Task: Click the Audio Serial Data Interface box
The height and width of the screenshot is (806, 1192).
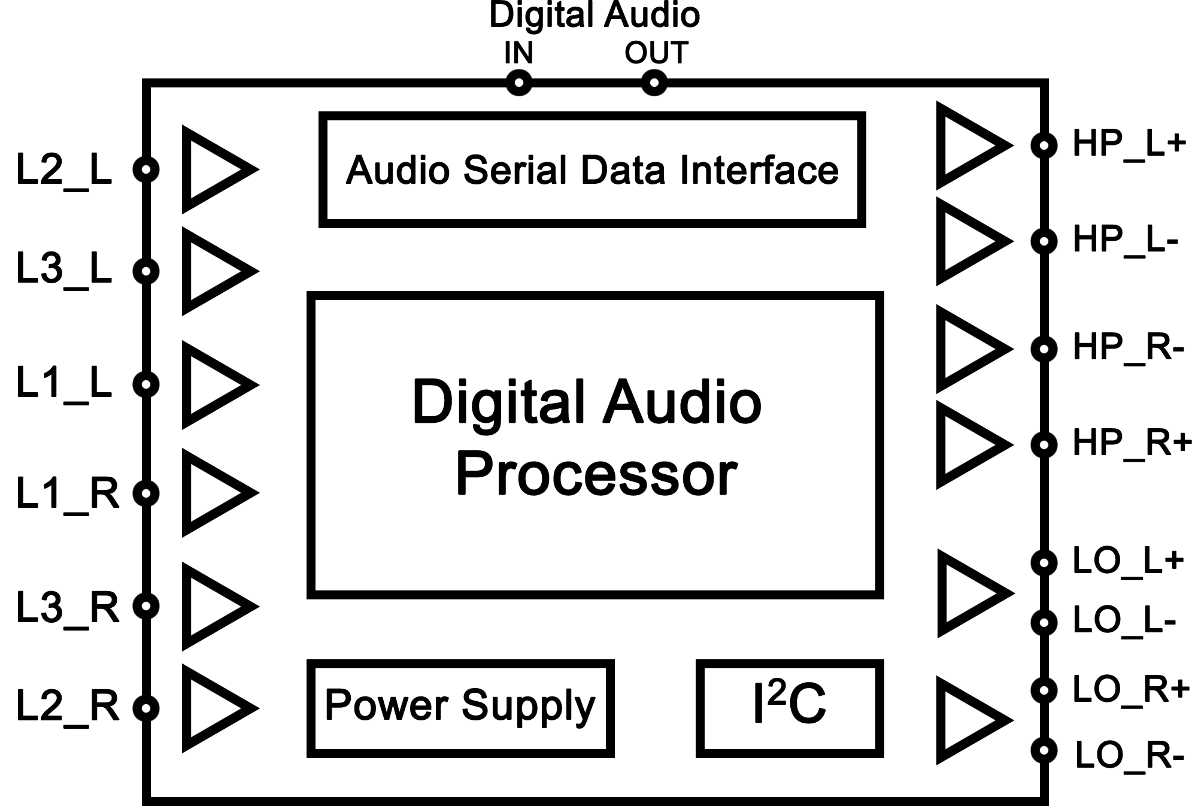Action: click(592, 169)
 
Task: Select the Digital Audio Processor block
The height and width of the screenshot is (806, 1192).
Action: click(595, 445)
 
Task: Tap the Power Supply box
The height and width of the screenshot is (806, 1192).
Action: click(460, 708)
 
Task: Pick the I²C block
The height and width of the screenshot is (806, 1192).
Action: click(789, 708)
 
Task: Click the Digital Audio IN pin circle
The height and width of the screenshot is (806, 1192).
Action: click(518, 83)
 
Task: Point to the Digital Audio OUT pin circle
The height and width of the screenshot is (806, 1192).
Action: click(654, 83)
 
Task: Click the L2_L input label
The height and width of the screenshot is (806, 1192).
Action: click(63, 170)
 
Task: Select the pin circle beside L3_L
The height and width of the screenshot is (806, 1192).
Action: click(146, 271)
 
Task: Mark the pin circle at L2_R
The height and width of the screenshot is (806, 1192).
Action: click(146, 708)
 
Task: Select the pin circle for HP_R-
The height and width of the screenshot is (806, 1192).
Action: click(1044, 349)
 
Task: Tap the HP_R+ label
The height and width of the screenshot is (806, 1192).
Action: click(1132, 444)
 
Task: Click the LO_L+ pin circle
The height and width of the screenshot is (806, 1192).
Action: click(1044, 563)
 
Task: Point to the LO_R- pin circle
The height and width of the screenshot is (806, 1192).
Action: click(1044, 750)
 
